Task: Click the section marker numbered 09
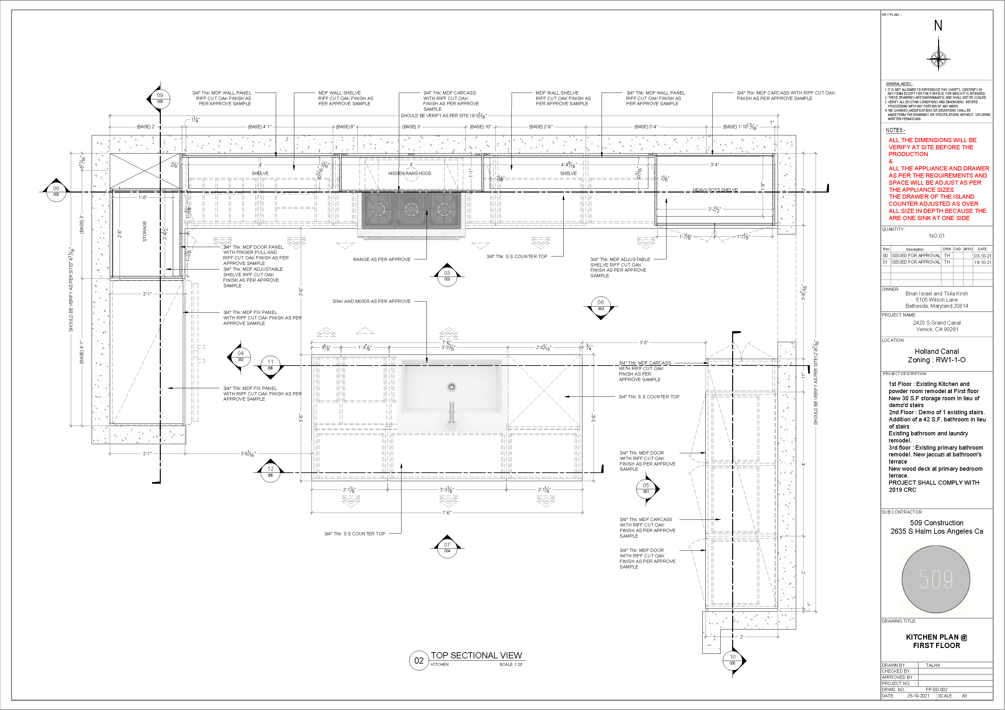(160, 98)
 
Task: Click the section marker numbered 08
(56, 191)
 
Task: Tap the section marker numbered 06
(601, 305)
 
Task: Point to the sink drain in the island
(451, 387)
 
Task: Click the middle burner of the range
(411, 209)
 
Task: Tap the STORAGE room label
(145, 231)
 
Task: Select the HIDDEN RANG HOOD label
(410, 173)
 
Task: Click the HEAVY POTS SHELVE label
(715, 190)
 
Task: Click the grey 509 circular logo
(936, 579)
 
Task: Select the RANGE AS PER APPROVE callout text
(382, 259)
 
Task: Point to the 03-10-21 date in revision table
(982, 255)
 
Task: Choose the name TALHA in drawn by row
(933, 665)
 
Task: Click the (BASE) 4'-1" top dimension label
(260, 127)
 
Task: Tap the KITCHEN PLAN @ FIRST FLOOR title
(936, 641)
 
